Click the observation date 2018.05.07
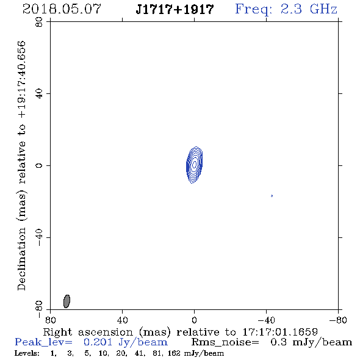(x=62, y=9)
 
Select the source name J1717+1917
(x=175, y=9)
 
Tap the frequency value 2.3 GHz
(x=309, y=9)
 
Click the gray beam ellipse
(x=67, y=301)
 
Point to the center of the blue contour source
(x=194, y=165)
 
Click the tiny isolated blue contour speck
(x=272, y=196)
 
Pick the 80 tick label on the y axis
(x=39, y=22)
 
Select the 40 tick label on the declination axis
(x=39, y=94)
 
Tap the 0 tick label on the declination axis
(x=39, y=165)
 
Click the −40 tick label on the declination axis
(x=39, y=237)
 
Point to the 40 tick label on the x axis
(x=122, y=320)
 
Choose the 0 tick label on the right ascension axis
(x=194, y=320)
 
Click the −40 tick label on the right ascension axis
(x=266, y=320)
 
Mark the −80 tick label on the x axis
(x=338, y=320)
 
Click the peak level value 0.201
(x=98, y=342)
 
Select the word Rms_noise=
(x=225, y=342)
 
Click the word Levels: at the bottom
(x=27, y=353)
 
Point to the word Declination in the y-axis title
(x=21, y=259)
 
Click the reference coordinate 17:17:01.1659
(x=280, y=332)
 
